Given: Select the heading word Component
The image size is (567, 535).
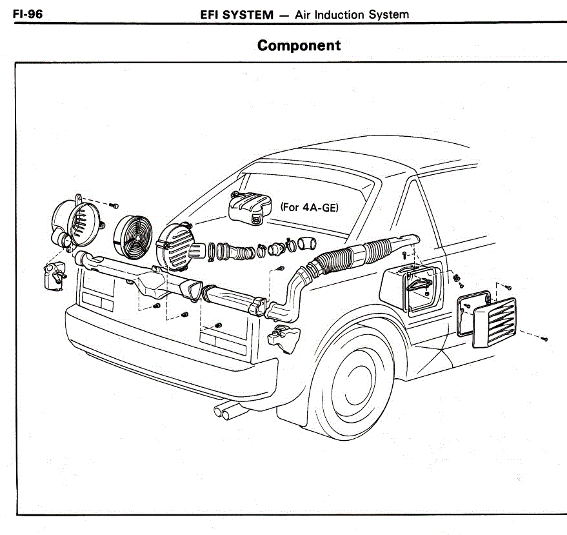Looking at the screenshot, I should point(298,46).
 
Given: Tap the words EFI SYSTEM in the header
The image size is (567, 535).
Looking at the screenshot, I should point(237,14).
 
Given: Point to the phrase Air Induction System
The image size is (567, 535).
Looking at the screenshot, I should point(352,14).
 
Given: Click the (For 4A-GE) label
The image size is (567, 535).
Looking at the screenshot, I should point(310,208).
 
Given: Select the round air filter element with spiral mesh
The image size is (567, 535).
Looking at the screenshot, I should point(132,234).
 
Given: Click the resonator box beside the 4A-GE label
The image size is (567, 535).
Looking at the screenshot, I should point(249,208).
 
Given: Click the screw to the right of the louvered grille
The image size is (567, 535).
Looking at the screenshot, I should point(544,338).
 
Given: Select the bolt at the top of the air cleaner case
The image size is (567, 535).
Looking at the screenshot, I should point(115,205).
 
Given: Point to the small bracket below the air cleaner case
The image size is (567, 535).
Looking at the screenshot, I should point(53,274).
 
